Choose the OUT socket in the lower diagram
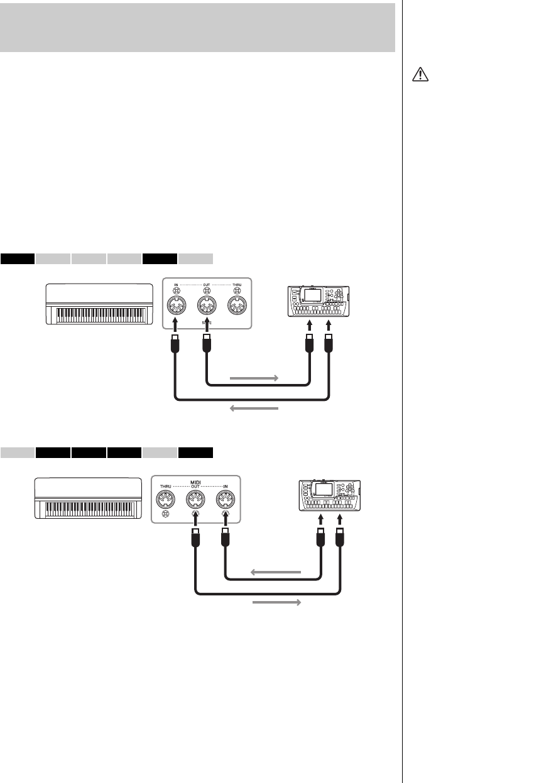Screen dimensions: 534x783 point(196,499)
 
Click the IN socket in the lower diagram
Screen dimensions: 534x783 point(226,499)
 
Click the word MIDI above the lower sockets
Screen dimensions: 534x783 point(196,482)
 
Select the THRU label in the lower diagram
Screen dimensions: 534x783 point(166,487)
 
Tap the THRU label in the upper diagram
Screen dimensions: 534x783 point(236,284)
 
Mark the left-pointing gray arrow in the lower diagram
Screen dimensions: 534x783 point(276,572)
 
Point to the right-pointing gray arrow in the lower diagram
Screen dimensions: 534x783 point(276,602)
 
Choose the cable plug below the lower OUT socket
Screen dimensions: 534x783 point(196,538)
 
